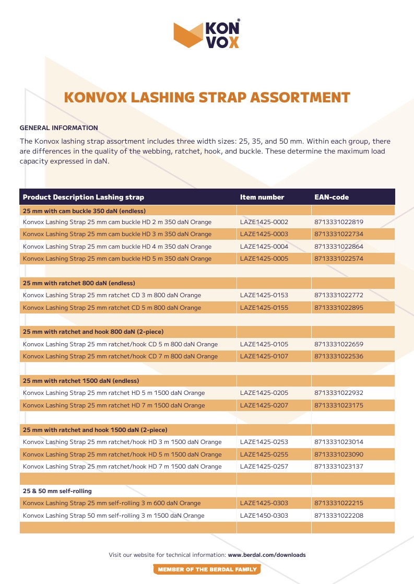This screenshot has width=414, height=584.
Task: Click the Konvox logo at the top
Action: (207, 34)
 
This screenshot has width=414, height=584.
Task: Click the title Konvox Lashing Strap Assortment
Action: (207, 98)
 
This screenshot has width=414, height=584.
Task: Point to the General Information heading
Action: (58, 127)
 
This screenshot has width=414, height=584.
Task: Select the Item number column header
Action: (262, 197)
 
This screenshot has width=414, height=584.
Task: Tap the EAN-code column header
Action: (332, 197)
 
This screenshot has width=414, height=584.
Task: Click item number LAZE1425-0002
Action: (264, 222)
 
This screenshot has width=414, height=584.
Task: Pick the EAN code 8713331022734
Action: (339, 234)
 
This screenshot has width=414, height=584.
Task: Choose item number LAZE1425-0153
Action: (264, 295)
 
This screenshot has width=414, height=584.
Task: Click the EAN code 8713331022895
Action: (339, 308)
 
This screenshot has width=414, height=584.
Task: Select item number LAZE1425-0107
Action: (264, 356)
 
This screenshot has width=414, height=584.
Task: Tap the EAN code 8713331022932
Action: (339, 393)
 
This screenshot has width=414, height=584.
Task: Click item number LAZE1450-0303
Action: (264, 516)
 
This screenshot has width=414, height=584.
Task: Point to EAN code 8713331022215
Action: (339, 503)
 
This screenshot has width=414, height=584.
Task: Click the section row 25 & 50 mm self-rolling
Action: (54, 491)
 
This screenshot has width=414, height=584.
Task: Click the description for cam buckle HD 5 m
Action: (117, 259)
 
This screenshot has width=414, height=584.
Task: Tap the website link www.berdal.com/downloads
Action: (267, 555)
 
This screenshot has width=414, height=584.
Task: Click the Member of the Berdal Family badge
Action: (207, 569)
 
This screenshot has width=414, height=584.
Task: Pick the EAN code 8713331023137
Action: (339, 466)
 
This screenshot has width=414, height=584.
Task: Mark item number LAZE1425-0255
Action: (264, 454)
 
